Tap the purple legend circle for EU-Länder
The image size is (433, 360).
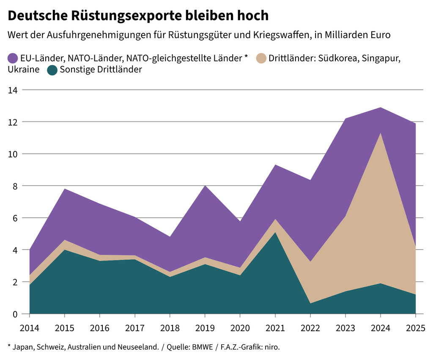(13, 58)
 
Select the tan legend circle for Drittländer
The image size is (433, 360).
(261, 58)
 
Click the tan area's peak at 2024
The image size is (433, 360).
(381, 133)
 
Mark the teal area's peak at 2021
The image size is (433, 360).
(275, 232)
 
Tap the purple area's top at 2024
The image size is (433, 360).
(381, 108)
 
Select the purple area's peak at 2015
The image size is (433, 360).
(64, 189)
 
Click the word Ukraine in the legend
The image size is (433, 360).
(23, 70)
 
